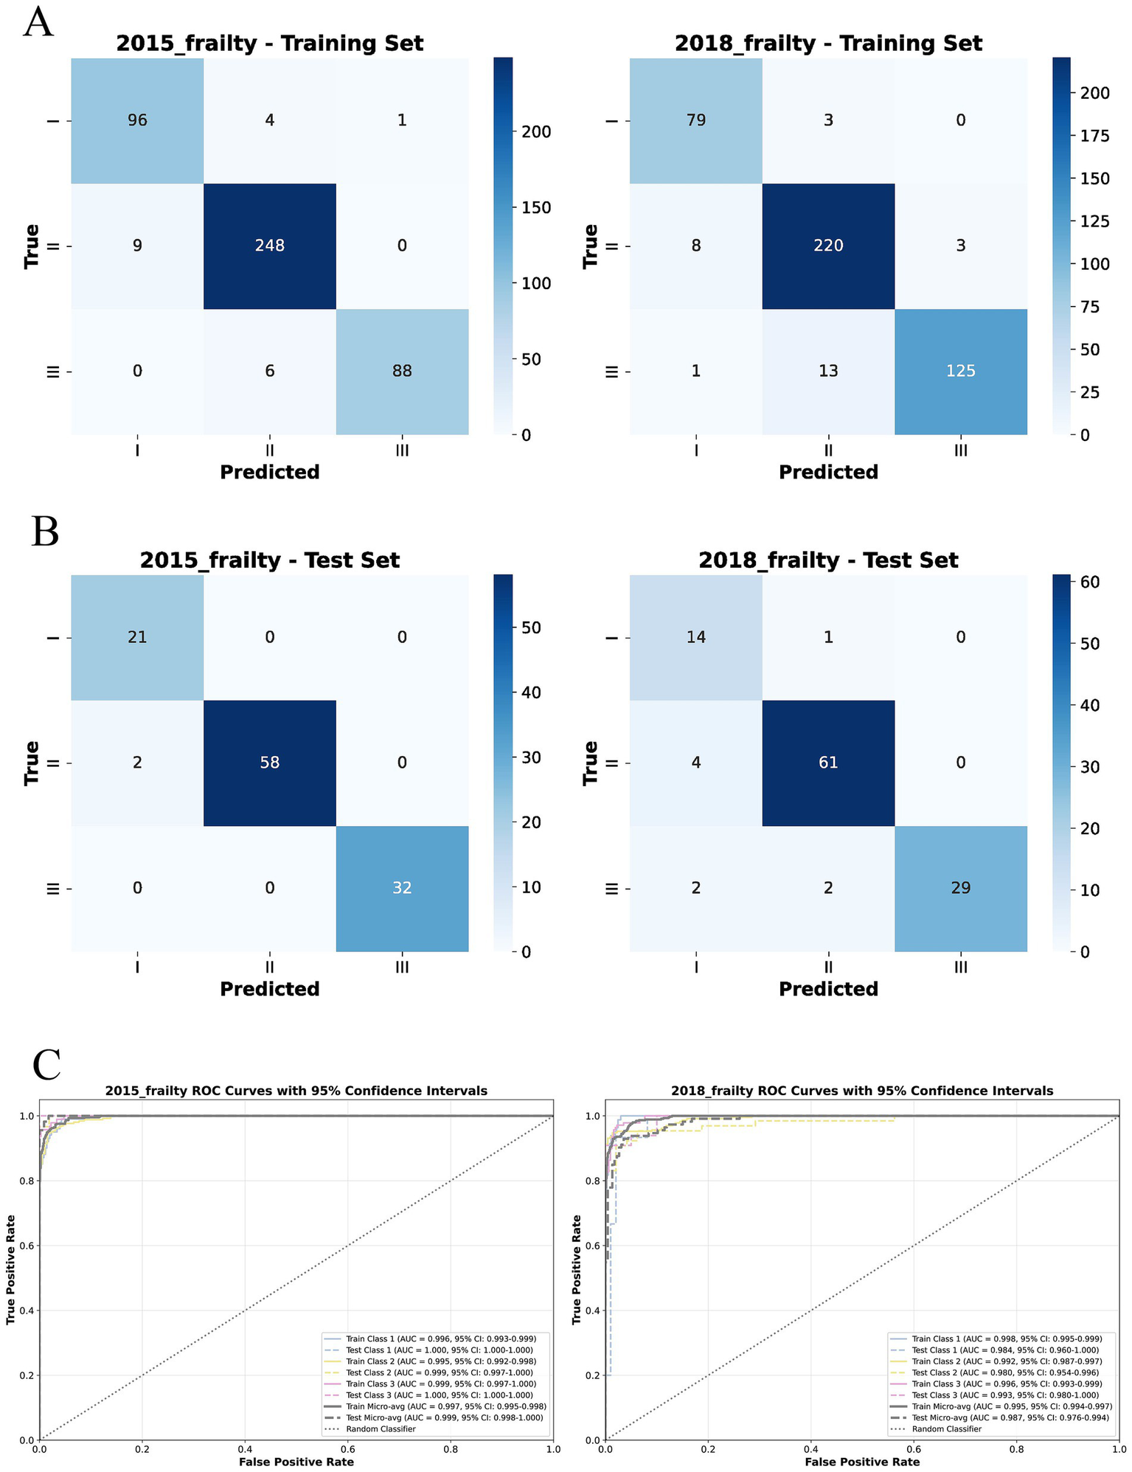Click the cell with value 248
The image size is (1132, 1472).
pyautogui.click(x=269, y=246)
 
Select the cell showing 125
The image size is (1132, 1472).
pyautogui.click(x=960, y=371)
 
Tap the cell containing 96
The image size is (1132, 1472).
pyautogui.click(x=137, y=120)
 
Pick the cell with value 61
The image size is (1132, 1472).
pyautogui.click(x=828, y=763)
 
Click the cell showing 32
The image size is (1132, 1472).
pyautogui.click(x=402, y=888)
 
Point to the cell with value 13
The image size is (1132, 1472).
pyautogui.click(x=828, y=371)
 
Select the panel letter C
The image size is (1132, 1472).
pyautogui.click(x=46, y=1065)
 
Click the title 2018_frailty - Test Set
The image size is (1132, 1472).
pyautogui.click(x=828, y=560)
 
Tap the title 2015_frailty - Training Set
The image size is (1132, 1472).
pyautogui.click(x=269, y=44)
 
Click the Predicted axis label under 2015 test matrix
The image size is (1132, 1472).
pyautogui.click(x=269, y=989)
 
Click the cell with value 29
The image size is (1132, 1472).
pyautogui.click(x=960, y=888)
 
